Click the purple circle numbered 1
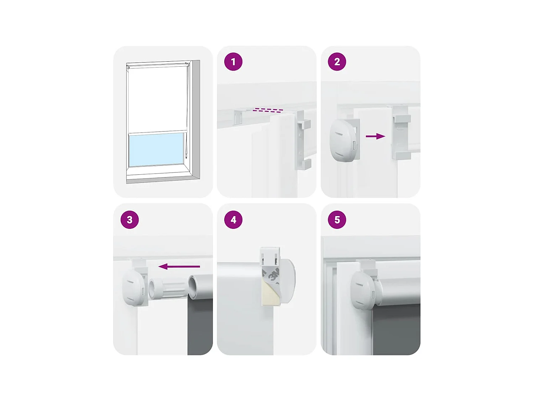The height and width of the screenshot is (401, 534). point(233,62)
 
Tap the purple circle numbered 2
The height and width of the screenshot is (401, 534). point(337,62)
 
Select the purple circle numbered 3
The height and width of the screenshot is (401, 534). point(130,220)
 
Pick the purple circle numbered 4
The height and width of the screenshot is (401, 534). point(233,220)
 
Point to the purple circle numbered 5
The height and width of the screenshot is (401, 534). point(337,220)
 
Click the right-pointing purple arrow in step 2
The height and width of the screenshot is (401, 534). point(375,136)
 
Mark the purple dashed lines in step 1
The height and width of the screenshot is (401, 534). point(268,110)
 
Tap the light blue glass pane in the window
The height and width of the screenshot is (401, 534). point(156,149)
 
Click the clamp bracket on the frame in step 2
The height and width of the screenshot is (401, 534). point(402,133)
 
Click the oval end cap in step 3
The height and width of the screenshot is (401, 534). point(134,288)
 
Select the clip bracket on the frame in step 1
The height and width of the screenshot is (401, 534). point(303,140)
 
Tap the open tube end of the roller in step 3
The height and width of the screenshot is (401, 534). point(194,287)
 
